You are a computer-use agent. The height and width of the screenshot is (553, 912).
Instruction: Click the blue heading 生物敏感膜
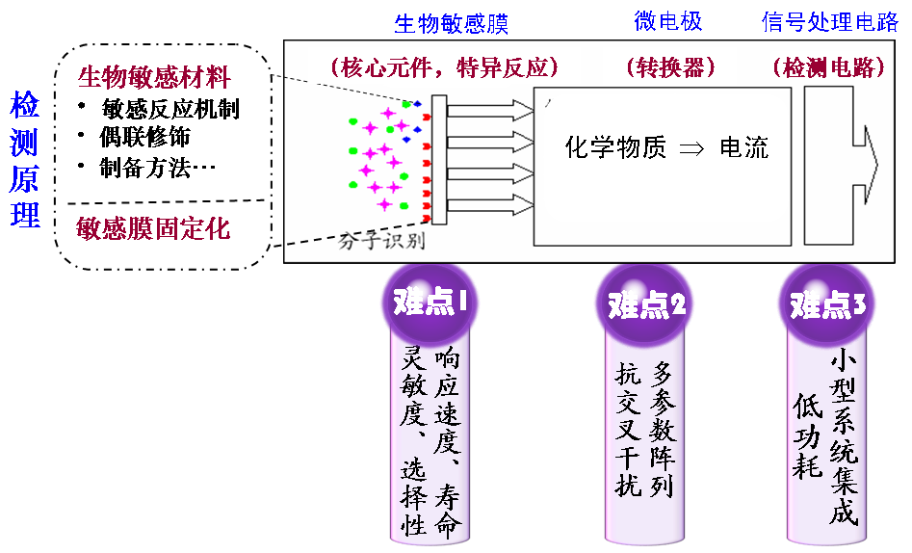tap(452, 24)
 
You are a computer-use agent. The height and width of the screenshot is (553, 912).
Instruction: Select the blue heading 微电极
tap(668, 21)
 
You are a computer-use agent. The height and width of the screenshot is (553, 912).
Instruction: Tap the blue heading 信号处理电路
tap(830, 21)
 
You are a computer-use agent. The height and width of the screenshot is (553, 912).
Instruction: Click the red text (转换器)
tap(670, 67)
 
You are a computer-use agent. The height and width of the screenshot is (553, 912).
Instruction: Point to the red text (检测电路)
tap(829, 67)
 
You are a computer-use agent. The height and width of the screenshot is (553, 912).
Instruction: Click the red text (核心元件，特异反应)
tap(444, 67)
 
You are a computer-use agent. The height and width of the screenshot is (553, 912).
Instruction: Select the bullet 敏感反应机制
tap(169, 109)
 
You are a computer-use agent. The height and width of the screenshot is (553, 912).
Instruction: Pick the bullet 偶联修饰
tap(144, 138)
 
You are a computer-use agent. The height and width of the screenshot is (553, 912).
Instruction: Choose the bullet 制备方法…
tap(157, 168)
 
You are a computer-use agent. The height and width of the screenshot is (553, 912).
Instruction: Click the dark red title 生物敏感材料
tap(154, 77)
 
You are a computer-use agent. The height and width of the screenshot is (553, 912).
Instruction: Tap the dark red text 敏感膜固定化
tap(153, 228)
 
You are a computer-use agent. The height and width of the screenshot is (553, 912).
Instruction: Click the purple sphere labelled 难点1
tap(430, 303)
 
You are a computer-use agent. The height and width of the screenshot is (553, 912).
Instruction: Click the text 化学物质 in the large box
tap(615, 147)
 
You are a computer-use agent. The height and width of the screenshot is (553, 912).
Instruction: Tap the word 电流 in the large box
tap(743, 147)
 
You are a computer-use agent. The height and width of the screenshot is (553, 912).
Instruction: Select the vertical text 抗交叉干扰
tap(629, 430)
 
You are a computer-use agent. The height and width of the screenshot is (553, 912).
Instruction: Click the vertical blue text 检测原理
tap(24, 159)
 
